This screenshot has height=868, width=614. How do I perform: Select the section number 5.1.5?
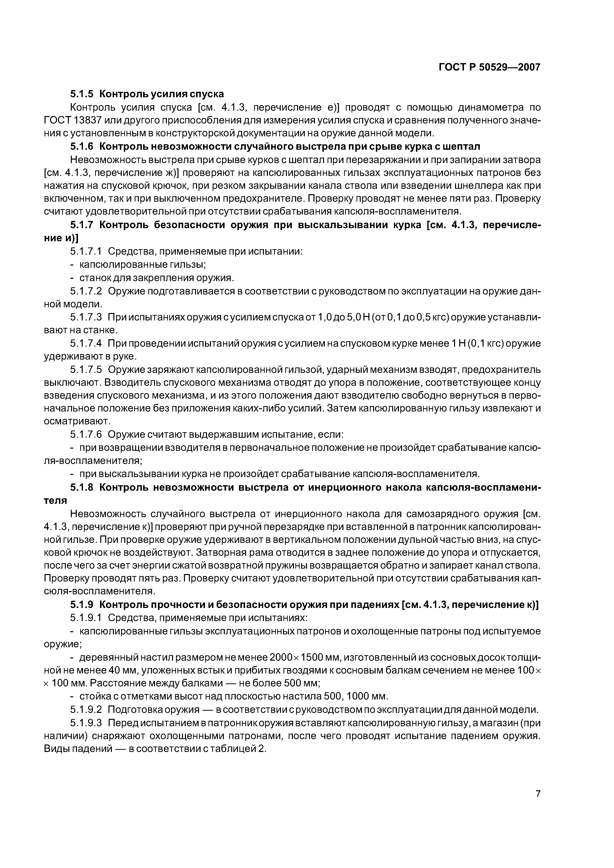tap(82, 94)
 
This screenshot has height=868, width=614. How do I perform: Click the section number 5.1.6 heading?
tap(82, 146)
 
